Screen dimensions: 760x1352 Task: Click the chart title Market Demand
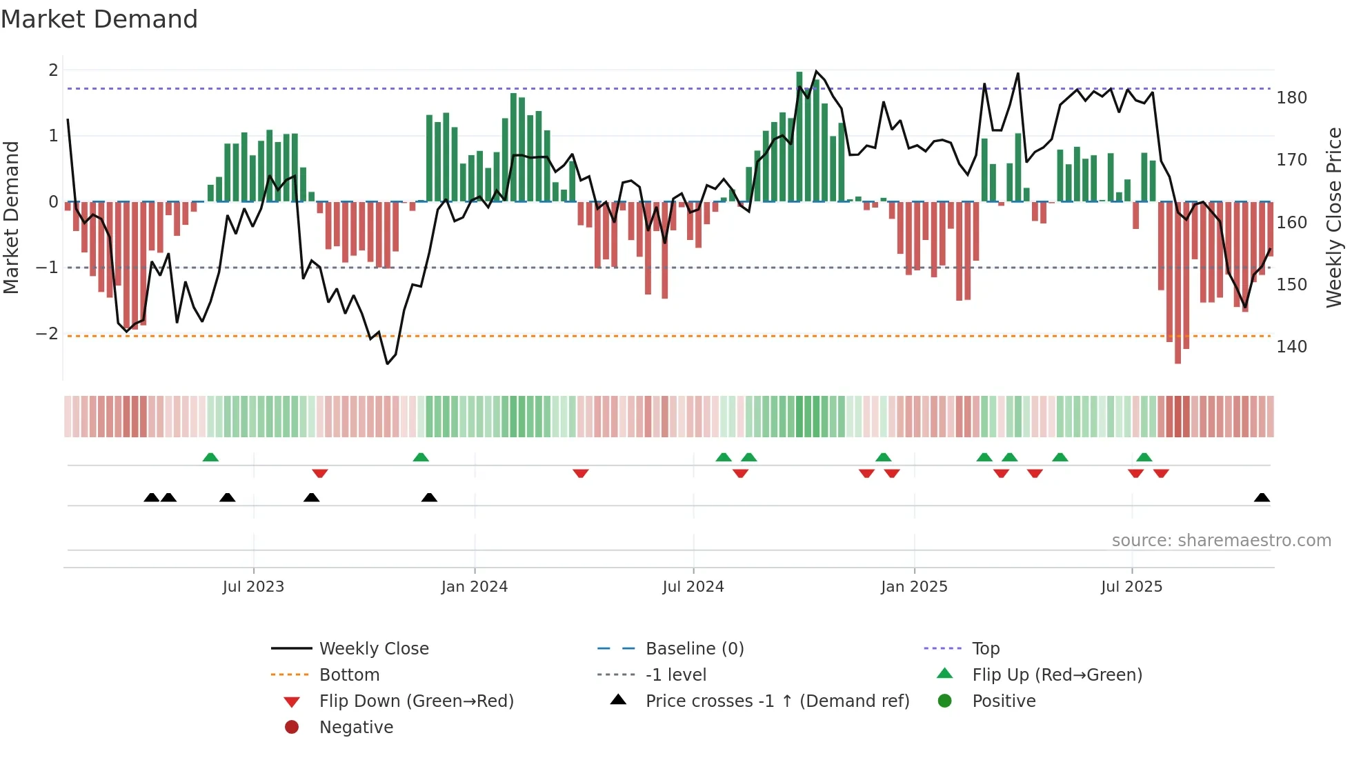click(99, 19)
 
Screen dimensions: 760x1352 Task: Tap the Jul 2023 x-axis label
click(253, 587)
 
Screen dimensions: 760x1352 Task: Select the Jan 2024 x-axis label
click(475, 587)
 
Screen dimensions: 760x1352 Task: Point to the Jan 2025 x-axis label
click(914, 587)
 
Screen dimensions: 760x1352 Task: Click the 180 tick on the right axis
click(1291, 98)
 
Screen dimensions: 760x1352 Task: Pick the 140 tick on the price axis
click(1291, 347)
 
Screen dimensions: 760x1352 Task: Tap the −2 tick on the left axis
click(47, 334)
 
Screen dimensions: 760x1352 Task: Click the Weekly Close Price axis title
click(1334, 217)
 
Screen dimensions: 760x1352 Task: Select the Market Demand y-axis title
click(11, 217)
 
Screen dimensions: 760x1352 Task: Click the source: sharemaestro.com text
click(1221, 541)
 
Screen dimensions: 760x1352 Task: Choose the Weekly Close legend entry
click(373, 649)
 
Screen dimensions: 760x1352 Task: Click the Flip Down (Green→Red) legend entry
click(416, 701)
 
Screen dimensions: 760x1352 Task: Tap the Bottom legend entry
click(349, 675)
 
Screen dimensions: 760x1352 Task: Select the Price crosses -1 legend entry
click(777, 701)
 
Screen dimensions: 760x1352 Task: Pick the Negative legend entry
click(356, 728)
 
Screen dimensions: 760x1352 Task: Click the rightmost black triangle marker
click(1262, 497)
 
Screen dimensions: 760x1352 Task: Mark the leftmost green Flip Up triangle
click(210, 457)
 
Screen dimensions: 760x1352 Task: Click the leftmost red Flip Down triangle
click(319, 473)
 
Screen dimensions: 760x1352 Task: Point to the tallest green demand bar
click(799, 137)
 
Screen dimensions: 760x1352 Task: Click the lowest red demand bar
click(1177, 283)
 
